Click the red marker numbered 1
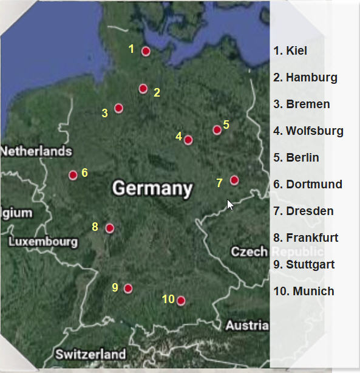(x=146, y=51)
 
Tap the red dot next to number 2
(x=143, y=89)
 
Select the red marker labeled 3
(x=119, y=108)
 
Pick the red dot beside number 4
(x=188, y=140)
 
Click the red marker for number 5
(x=217, y=129)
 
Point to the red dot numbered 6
(x=73, y=175)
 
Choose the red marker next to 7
(x=234, y=180)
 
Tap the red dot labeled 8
(x=110, y=228)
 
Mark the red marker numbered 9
(x=128, y=289)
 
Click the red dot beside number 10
(x=180, y=300)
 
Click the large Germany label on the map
(x=152, y=188)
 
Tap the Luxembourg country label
(x=43, y=242)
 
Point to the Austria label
(x=246, y=326)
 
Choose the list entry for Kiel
(x=290, y=50)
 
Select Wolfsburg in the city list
(x=308, y=131)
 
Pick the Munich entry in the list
(x=304, y=291)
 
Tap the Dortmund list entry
(x=308, y=184)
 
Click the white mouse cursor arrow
(x=230, y=205)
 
